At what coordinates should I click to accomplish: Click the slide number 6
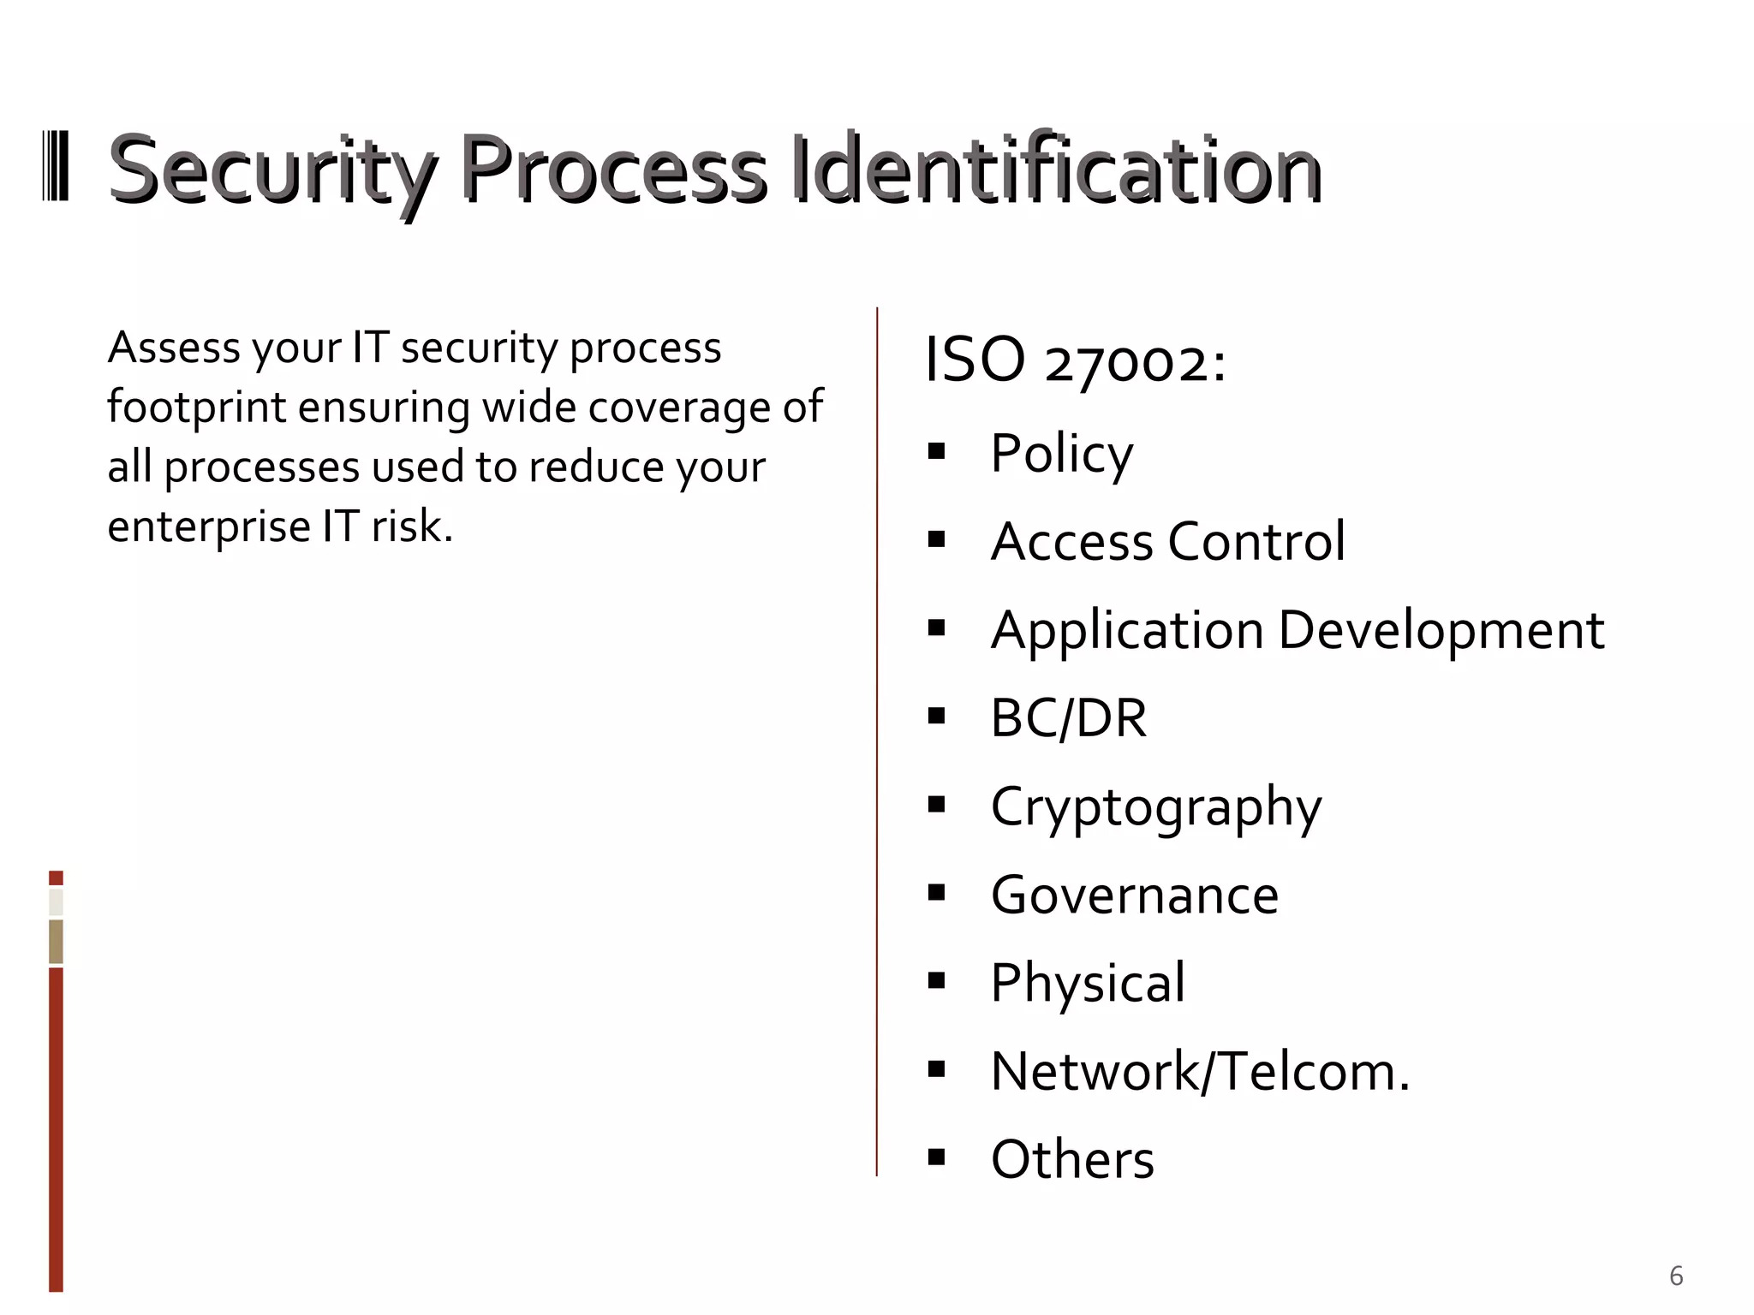1676,1276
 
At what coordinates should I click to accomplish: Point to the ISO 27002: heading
1076,360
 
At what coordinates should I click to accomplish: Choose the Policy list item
1061,453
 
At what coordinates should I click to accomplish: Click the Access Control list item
1167,541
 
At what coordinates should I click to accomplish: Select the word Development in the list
1441,630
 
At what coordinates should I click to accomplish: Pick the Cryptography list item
1156,806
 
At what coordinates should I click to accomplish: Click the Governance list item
1134,895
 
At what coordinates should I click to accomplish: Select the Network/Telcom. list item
1200,1071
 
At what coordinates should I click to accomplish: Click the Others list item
1072,1159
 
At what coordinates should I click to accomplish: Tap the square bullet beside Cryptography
936,804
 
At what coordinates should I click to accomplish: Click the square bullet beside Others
936,1157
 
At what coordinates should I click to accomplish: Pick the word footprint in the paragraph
196,407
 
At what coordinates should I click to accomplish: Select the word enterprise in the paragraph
208,526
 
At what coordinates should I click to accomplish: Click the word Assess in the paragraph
161,348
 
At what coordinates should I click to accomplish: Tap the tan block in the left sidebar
56,941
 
